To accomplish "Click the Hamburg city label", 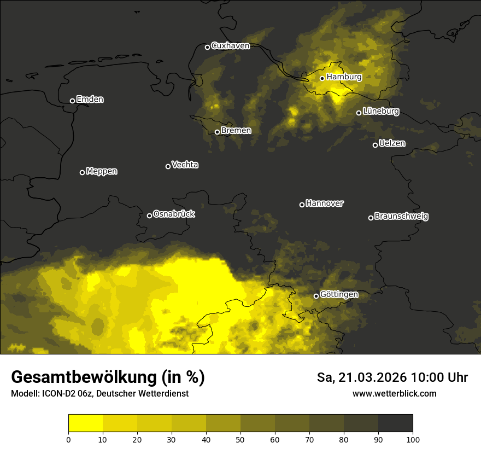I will [x=344, y=77].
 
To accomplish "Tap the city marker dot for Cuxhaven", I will [x=207, y=47].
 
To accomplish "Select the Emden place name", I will [x=90, y=100].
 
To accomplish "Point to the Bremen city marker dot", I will [x=217, y=132].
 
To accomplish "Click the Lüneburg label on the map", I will [x=380, y=112].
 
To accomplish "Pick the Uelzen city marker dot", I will [x=375, y=145].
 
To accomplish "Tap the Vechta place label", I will [x=185, y=165].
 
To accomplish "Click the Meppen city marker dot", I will [x=82, y=172].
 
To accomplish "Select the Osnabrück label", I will [x=174, y=214].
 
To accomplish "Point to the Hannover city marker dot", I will [x=302, y=205].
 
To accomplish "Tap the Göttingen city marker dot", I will [x=316, y=296].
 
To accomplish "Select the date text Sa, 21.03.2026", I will [x=362, y=378].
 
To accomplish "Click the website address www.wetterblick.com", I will [x=394, y=394].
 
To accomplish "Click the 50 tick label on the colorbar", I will [x=241, y=439].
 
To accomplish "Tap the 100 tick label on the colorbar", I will [x=413, y=439].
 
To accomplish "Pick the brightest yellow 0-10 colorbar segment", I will [x=85, y=423].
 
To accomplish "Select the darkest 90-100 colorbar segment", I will [x=395, y=423].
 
